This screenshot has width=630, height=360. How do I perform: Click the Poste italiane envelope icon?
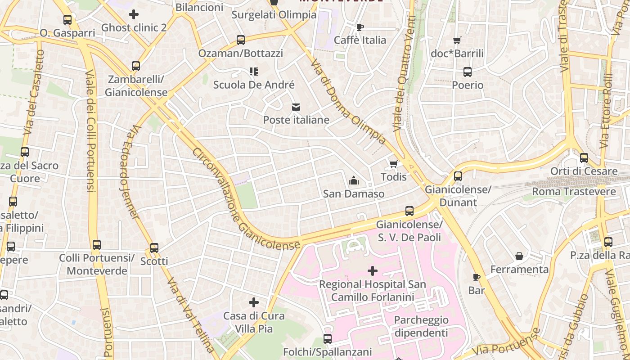pos(296,107)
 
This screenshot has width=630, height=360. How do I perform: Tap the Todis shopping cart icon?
pos(394,164)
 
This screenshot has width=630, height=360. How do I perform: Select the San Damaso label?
pos(354,194)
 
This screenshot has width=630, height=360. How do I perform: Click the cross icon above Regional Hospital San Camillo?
pos(373,271)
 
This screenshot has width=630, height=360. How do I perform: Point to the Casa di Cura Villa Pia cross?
pos(254,302)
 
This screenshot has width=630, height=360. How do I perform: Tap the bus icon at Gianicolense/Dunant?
pos(458,176)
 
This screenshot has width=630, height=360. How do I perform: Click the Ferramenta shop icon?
pos(519,256)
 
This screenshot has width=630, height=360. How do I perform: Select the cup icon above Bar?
pos(477,277)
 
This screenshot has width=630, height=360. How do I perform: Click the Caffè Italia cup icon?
pos(360,27)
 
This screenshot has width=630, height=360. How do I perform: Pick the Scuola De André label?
pos(254,85)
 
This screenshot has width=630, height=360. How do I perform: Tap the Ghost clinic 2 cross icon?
pos(134,14)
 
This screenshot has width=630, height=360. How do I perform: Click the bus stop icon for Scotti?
pos(154,248)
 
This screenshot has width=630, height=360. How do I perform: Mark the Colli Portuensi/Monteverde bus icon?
pos(97,245)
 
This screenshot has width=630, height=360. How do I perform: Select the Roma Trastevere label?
pos(574,192)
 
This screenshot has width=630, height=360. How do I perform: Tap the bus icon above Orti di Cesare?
pos(584,158)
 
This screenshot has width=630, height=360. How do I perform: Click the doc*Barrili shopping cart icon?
pos(457,40)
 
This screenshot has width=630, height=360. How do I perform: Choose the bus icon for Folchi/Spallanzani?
pos(328,339)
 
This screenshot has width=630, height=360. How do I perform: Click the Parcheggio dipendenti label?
pos(421,326)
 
